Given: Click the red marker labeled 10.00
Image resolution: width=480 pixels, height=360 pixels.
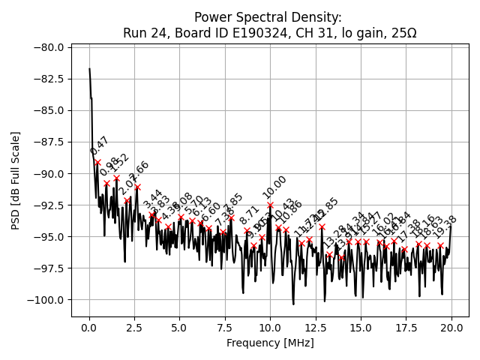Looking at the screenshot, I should [270, 205].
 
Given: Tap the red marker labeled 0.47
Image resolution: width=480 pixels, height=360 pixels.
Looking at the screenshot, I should [97, 162].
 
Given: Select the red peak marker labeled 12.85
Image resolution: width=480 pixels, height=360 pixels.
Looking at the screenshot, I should [322, 226].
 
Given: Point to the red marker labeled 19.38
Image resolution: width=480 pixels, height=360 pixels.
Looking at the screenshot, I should [440, 245].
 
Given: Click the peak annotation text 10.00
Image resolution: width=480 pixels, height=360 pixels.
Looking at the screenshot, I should [274, 187].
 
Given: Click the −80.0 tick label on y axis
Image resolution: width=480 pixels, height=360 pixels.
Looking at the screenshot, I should [49, 47].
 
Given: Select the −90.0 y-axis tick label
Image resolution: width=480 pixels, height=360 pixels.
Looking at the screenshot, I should [49, 173].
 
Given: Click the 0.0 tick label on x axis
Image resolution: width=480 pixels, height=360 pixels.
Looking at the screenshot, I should [89, 328].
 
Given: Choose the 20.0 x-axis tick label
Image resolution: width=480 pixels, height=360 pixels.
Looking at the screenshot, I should [451, 328].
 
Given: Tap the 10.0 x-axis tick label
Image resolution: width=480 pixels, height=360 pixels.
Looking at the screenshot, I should [270, 328].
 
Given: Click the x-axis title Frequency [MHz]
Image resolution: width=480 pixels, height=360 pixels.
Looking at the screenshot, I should [270, 343].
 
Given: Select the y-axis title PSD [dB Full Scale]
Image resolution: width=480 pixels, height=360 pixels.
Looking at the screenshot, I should [16, 180].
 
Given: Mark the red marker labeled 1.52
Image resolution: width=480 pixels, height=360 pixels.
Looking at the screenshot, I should [116, 178].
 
